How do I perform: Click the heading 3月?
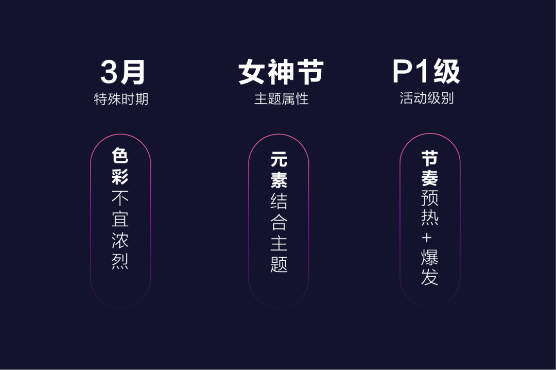pyautogui.click(x=123, y=73)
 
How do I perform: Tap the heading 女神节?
pyautogui.click(x=281, y=73)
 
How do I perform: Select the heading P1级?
pyautogui.click(x=426, y=72)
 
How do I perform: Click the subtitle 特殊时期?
pyautogui.click(x=121, y=99)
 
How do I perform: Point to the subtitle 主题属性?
pyautogui.click(x=281, y=99)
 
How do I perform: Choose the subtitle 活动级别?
pyautogui.click(x=427, y=98)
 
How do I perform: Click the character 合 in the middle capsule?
pyautogui.click(x=279, y=222)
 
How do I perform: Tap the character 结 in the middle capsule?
pyautogui.click(x=279, y=201)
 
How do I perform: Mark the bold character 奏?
pyautogui.click(x=429, y=178)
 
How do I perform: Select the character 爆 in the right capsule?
pyautogui.click(x=429, y=257)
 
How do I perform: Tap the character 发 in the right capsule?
pyautogui.click(x=429, y=277)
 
